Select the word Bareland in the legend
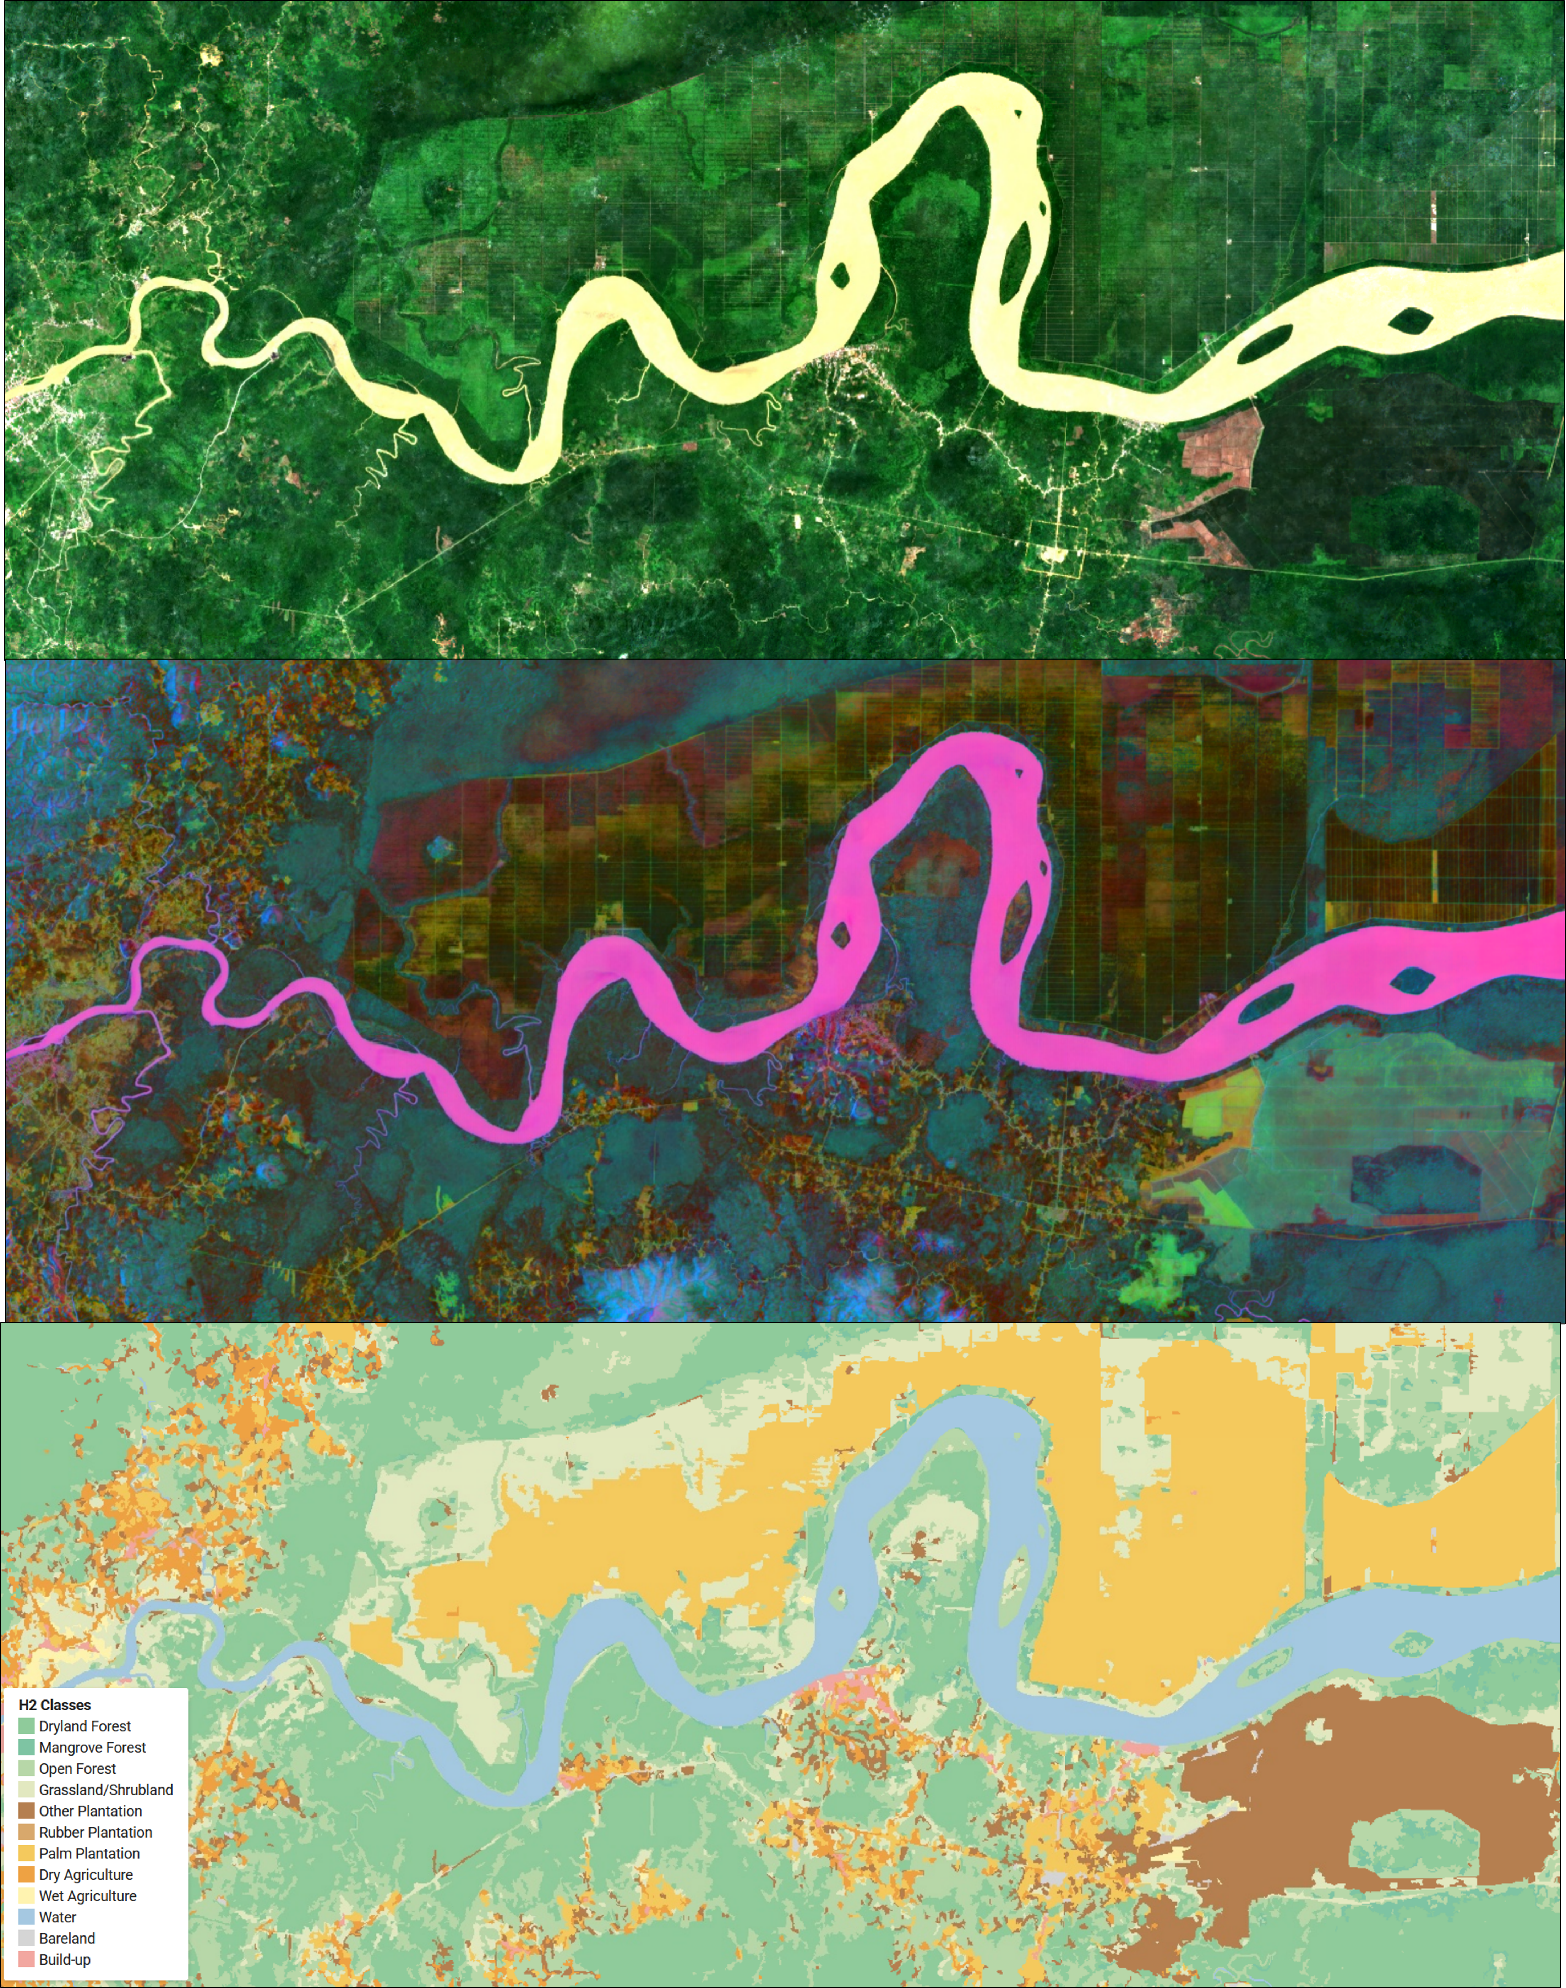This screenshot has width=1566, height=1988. click(x=67, y=1938)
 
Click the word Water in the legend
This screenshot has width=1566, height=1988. click(x=58, y=1917)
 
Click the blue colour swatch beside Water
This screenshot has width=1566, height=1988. click(x=27, y=1917)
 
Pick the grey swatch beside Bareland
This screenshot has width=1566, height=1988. click(x=27, y=1938)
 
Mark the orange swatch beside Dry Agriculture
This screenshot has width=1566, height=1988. click(x=27, y=1874)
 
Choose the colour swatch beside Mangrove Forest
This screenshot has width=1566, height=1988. click(x=27, y=1747)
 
